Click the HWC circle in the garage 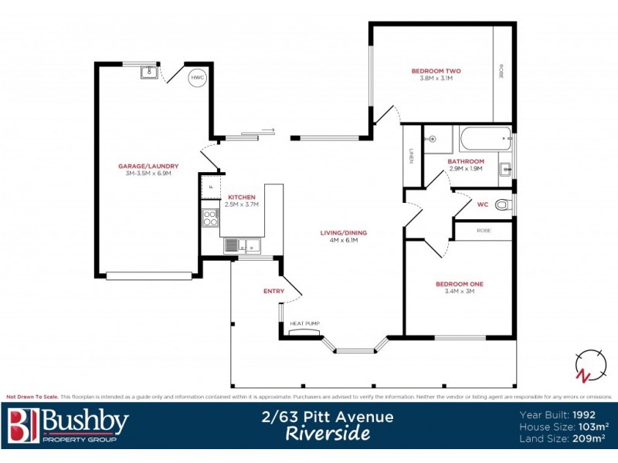click(x=198, y=77)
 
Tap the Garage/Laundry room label click(x=148, y=166)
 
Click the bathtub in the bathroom click(x=484, y=140)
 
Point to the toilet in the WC click(x=503, y=204)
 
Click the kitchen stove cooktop click(x=210, y=218)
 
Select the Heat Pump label click(x=304, y=323)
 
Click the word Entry click(x=273, y=291)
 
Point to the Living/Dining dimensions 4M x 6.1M click(x=344, y=240)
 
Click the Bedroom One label click(x=460, y=284)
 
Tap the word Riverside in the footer click(x=328, y=434)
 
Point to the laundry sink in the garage click(x=149, y=73)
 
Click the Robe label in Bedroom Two click(x=502, y=71)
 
